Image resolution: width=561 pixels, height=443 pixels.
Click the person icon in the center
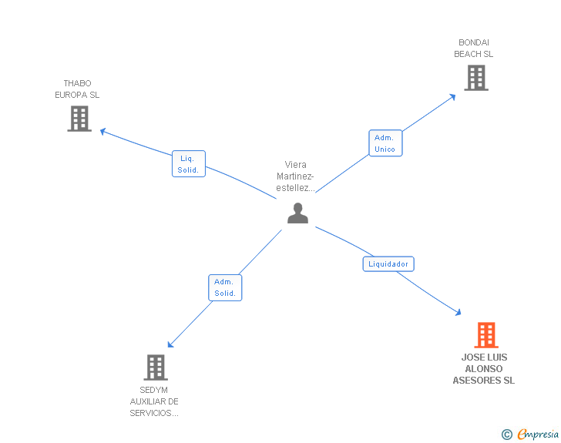(297, 213)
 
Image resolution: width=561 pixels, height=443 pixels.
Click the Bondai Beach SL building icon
(475, 78)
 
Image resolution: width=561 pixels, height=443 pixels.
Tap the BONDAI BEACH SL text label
(474, 49)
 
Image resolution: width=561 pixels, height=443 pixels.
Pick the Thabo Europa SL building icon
(79, 119)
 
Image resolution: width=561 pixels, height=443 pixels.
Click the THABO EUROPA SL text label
(77, 89)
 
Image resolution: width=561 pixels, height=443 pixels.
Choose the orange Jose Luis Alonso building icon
(485, 335)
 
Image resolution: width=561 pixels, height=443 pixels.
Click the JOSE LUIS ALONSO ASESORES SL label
(484, 369)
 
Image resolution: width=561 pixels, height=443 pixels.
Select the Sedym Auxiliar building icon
(156, 367)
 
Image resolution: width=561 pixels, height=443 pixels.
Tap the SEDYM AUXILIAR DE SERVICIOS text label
(154, 401)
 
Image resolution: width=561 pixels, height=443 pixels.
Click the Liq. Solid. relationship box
(188, 163)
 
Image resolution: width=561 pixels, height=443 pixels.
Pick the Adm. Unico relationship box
(385, 143)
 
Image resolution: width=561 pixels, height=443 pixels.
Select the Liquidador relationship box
(388, 264)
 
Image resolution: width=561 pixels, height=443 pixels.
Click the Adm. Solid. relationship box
(225, 287)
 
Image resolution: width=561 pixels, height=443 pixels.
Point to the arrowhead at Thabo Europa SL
(103, 131)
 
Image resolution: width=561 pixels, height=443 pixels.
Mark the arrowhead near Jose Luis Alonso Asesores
(458, 312)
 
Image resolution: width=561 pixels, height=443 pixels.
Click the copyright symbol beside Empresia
(506, 435)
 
